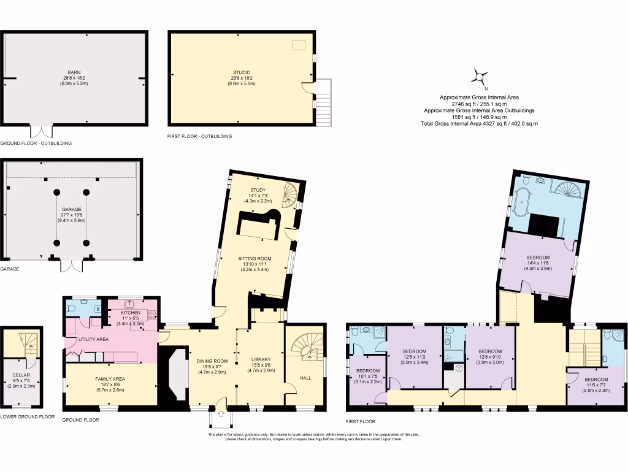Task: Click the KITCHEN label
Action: [129, 313]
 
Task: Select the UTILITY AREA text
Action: [94, 339]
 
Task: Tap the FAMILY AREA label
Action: [110, 379]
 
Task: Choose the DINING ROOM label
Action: [212, 361]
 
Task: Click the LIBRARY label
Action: [261, 361]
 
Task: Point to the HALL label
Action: [305, 378]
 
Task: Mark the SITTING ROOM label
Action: [255, 259]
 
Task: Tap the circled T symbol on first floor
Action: [459, 368]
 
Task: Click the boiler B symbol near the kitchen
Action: [98, 309]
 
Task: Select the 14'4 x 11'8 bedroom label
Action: [537, 258]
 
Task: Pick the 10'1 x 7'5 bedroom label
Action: [367, 371]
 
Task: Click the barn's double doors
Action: [42, 132]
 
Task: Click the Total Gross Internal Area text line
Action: [479, 123]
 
